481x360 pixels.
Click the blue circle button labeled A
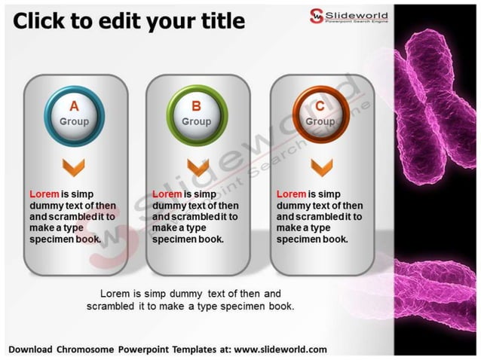[74, 114]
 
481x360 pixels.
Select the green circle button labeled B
[197, 114]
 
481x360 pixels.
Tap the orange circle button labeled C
[320, 114]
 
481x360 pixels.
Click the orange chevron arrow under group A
[74, 166]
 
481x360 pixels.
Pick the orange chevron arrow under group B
[197, 166]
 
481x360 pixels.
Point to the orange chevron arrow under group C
[321, 166]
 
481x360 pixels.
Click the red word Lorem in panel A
[44, 194]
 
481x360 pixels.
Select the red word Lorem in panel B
[167, 194]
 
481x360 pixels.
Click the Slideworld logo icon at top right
[317, 14]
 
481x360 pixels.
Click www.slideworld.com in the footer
[280, 349]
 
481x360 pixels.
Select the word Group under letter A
[74, 122]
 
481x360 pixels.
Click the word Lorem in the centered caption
[115, 293]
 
